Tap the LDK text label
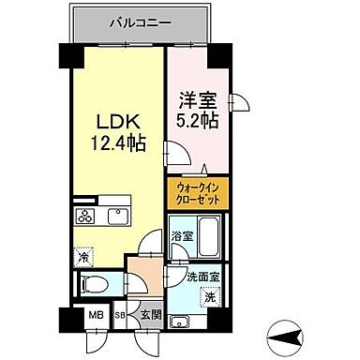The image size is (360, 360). click(x=117, y=123)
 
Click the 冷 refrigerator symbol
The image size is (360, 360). click(x=84, y=254)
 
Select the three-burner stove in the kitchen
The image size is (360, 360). click(x=85, y=217)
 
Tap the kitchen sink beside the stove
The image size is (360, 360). click(x=118, y=217)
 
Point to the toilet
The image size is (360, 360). click(x=96, y=284)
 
